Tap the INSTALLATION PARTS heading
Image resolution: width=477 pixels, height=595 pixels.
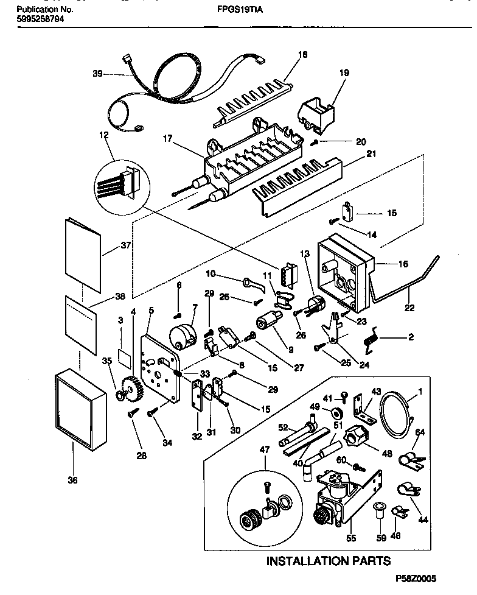point(328,561)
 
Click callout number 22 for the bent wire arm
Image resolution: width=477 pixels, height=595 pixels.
point(409,308)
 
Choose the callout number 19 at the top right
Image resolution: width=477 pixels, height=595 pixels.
point(344,72)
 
